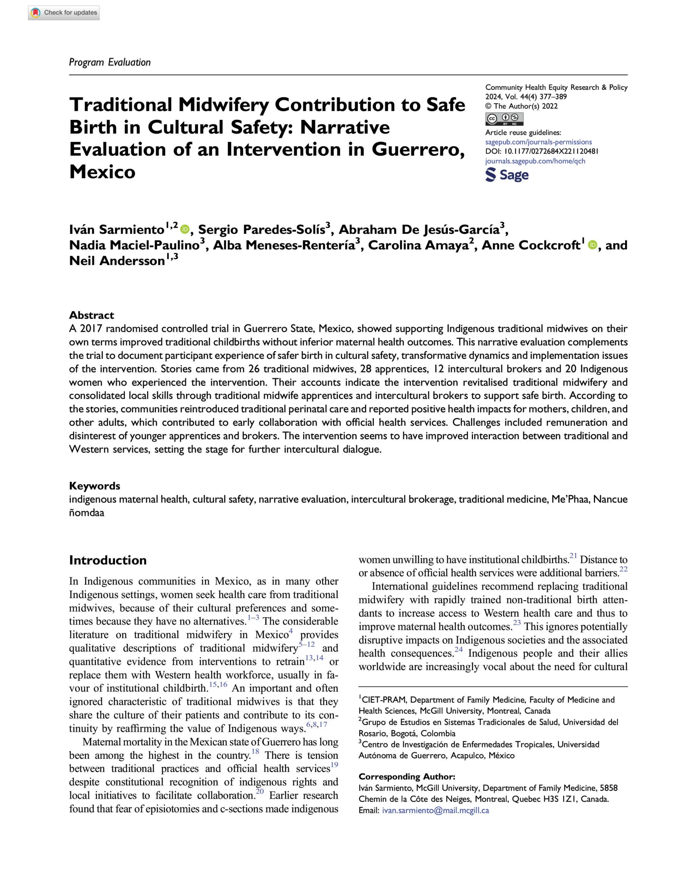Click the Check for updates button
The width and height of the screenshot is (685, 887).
pyautogui.click(x=64, y=12)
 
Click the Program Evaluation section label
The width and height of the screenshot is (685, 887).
pyautogui.click(x=110, y=62)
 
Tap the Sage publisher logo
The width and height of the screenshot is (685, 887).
pyautogui.click(x=507, y=175)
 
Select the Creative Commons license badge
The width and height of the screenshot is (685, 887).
pyautogui.click(x=504, y=119)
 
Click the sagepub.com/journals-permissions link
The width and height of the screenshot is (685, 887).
pyautogui.click(x=538, y=142)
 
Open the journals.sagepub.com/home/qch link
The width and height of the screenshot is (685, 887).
pyautogui.click(x=535, y=161)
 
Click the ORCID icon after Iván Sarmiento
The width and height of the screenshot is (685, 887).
pyautogui.click(x=185, y=229)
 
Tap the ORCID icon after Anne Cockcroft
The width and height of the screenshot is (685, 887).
pyautogui.click(x=593, y=245)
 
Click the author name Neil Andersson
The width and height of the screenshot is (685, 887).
pyautogui.click(x=117, y=261)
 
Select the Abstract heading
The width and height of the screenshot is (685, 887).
pyautogui.click(x=91, y=315)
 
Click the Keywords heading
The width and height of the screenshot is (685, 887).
pyautogui.click(x=95, y=486)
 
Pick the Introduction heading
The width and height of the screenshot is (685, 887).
pyautogui.click(x=108, y=560)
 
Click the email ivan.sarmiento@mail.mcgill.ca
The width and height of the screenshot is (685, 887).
pyautogui.click(x=435, y=810)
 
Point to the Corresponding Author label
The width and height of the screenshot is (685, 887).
pyautogui.click(x=407, y=776)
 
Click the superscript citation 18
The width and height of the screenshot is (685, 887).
pyautogui.click(x=255, y=751)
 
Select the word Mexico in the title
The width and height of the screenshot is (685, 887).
pyautogui.click(x=102, y=172)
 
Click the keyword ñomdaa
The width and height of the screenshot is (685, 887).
pyautogui.click(x=87, y=513)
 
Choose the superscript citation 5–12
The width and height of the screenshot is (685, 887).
pyautogui.click(x=306, y=644)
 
